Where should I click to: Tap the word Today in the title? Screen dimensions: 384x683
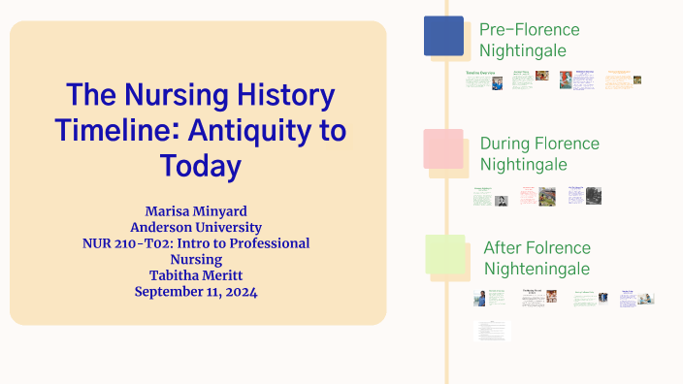tap(200, 165)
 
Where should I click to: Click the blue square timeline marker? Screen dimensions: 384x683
tap(443, 36)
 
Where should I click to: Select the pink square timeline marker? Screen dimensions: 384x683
tap(443, 148)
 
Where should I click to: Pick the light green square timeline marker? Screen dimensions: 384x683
tap(444, 254)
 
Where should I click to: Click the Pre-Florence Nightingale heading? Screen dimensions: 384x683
tap(529, 40)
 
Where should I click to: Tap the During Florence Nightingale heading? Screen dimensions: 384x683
tap(539, 153)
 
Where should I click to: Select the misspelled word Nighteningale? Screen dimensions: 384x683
tap(537, 269)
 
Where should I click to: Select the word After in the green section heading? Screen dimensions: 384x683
tap(502, 248)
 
